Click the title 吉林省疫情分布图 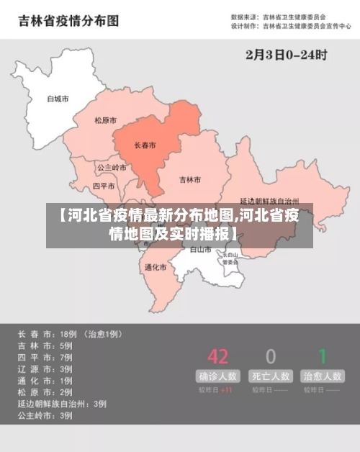point(68,21)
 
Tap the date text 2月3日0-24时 point(287,54)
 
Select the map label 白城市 point(58,98)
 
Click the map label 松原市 point(105,120)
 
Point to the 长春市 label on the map point(145,145)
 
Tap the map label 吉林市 point(190,179)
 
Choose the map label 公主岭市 point(112,167)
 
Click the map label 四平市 point(104,186)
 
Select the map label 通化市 point(156,267)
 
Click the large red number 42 point(217,356)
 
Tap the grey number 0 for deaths point(271,356)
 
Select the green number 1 point(323,356)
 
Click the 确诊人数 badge point(217,376)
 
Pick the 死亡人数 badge point(271,376)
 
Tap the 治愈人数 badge point(323,376)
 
